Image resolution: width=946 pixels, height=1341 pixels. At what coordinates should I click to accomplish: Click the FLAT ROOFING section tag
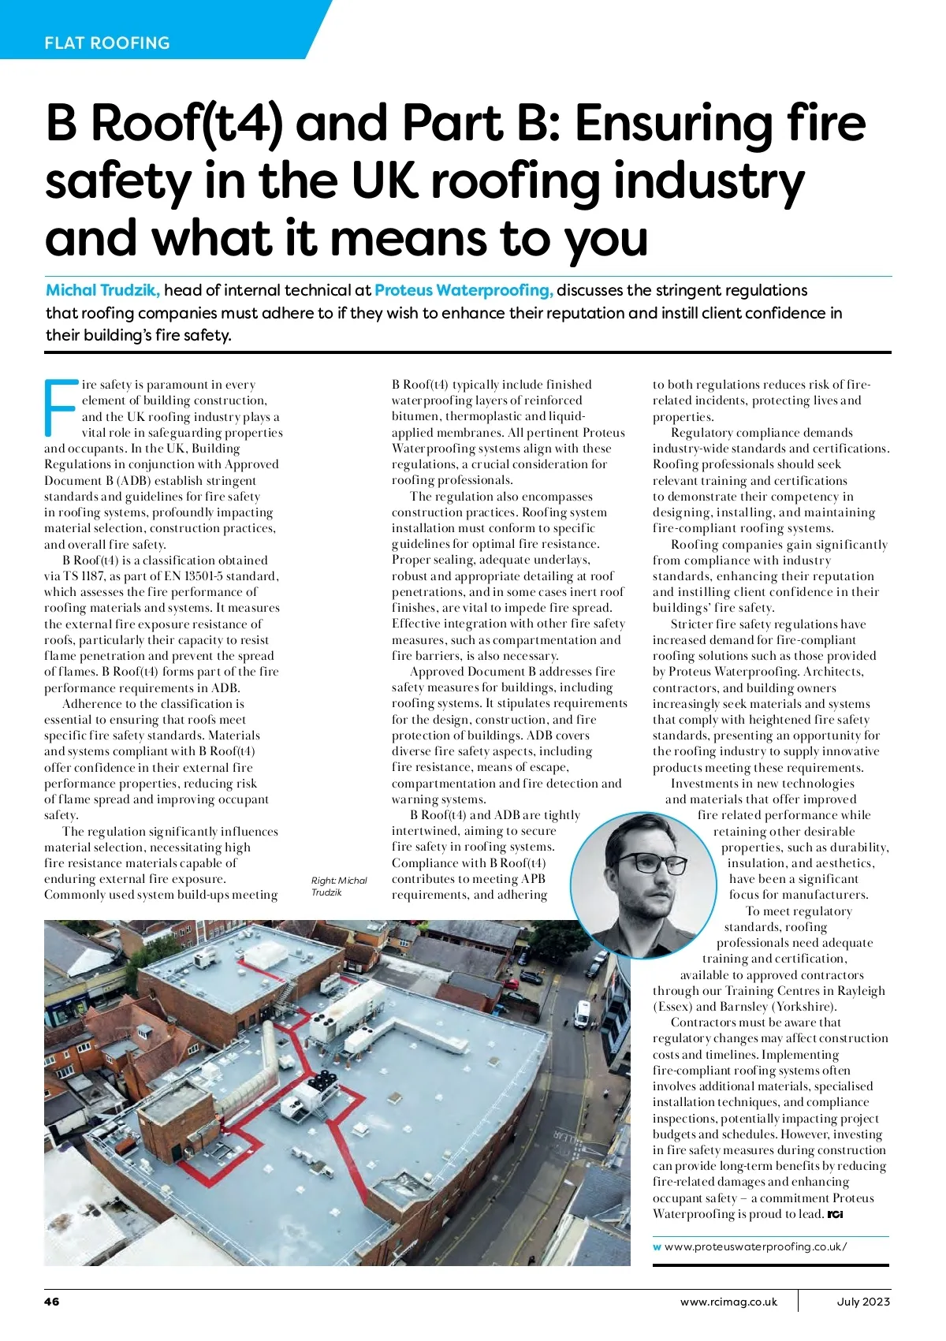point(107,43)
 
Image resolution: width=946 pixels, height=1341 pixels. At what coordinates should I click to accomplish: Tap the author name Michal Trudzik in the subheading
point(102,290)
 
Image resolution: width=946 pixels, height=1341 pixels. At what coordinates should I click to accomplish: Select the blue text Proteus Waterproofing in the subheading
point(464,290)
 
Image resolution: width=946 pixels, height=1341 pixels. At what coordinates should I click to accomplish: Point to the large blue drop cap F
point(60,408)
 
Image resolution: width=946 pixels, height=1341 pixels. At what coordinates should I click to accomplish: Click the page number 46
point(51,1302)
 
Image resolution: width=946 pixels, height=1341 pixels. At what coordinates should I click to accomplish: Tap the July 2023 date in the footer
point(863,1302)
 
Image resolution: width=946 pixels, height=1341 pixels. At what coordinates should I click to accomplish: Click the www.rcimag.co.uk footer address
point(728,1302)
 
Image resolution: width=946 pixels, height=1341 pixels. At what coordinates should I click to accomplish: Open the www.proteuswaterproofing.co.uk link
point(755,1246)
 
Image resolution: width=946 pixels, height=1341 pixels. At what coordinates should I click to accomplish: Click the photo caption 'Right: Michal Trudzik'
point(339,886)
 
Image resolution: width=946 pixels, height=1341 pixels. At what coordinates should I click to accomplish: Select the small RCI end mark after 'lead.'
point(836,1215)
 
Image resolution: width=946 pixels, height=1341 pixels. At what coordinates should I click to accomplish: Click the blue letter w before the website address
point(657,1247)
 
